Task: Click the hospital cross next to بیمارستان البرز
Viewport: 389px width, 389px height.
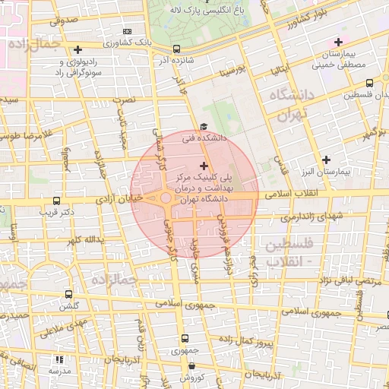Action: point(326,160)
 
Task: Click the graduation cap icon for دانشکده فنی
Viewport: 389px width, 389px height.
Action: point(203,127)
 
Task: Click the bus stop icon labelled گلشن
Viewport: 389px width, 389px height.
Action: point(69,294)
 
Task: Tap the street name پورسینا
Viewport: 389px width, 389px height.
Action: point(231,72)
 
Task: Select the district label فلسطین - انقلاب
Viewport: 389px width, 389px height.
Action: point(293,252)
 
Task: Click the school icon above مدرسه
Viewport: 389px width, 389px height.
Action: point(60,359)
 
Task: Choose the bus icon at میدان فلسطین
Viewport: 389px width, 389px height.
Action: point(369,84)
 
